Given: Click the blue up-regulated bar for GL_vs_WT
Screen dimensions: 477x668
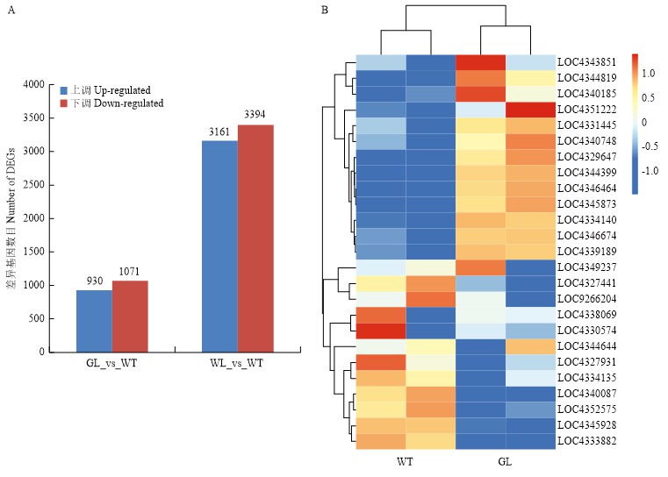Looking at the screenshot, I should point(93,321).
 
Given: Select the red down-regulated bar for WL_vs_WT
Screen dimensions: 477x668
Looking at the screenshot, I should point(255,238).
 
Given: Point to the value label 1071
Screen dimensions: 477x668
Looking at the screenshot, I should point(130,273).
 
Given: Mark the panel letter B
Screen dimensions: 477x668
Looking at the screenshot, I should point(325,11).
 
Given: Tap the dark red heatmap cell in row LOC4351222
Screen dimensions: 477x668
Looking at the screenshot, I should point(531,110).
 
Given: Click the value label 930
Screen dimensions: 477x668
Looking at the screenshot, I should point(93,281).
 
